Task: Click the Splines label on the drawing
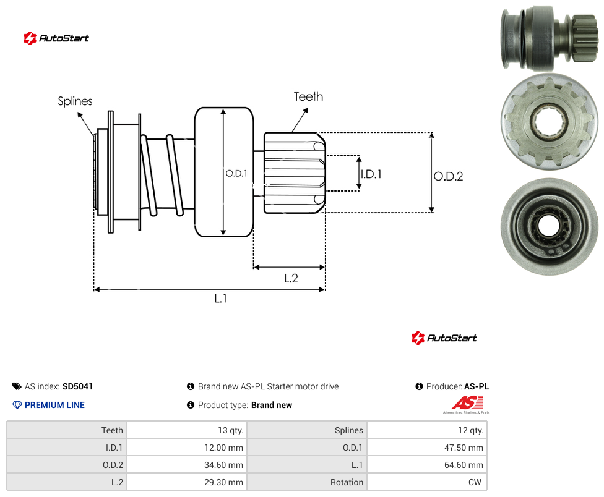[x=75, y=101]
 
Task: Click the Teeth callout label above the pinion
[x=308, y=96]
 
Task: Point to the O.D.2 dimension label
[x=449, y=176]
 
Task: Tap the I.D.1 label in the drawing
[x=371, y=174]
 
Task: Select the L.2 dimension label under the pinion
[x=291, y=278]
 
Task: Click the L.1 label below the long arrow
[x=221, y=298]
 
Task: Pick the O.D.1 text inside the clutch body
[x=236, y=174]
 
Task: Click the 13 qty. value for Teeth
[x=231, y=430]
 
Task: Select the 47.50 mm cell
[x=464, y=448]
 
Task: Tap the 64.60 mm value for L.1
[x=464, y=465]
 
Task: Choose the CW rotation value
[x=475, y=482]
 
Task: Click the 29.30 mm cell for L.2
[x=223, y=482]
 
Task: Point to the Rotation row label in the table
[x=347, y=482]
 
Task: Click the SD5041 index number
[x=78, y=386]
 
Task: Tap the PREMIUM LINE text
[x=54, y=405]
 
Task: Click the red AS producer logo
[x=467, y=404]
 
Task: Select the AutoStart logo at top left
[x=56, y=38]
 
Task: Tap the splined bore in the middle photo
[x=550, y=122]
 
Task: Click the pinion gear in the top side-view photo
[x=584, y=38]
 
